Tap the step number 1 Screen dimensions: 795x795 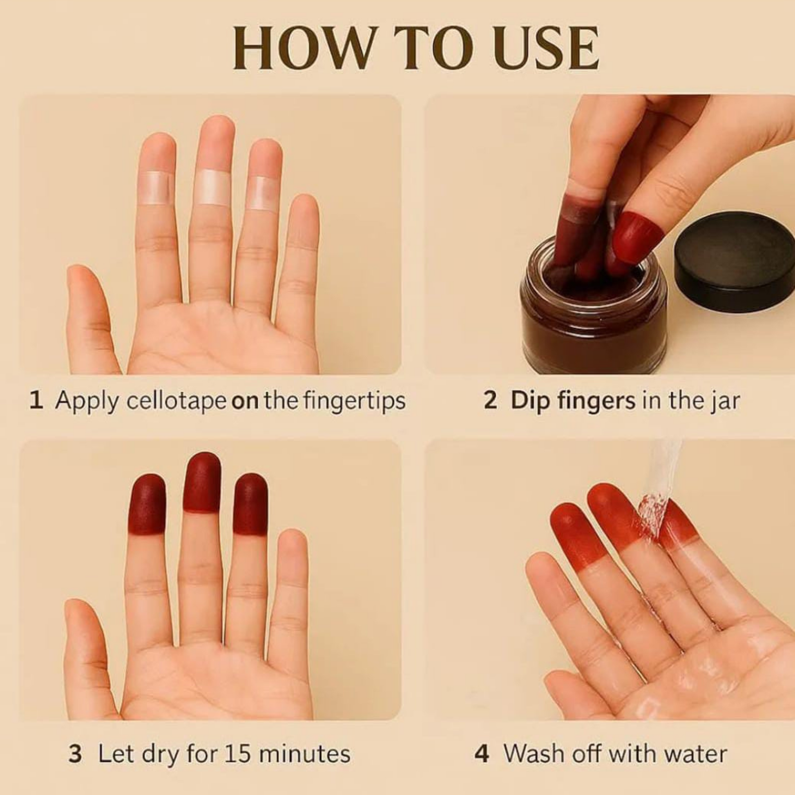tap(36, 401)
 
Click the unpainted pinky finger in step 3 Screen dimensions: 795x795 tap(293, 576)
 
